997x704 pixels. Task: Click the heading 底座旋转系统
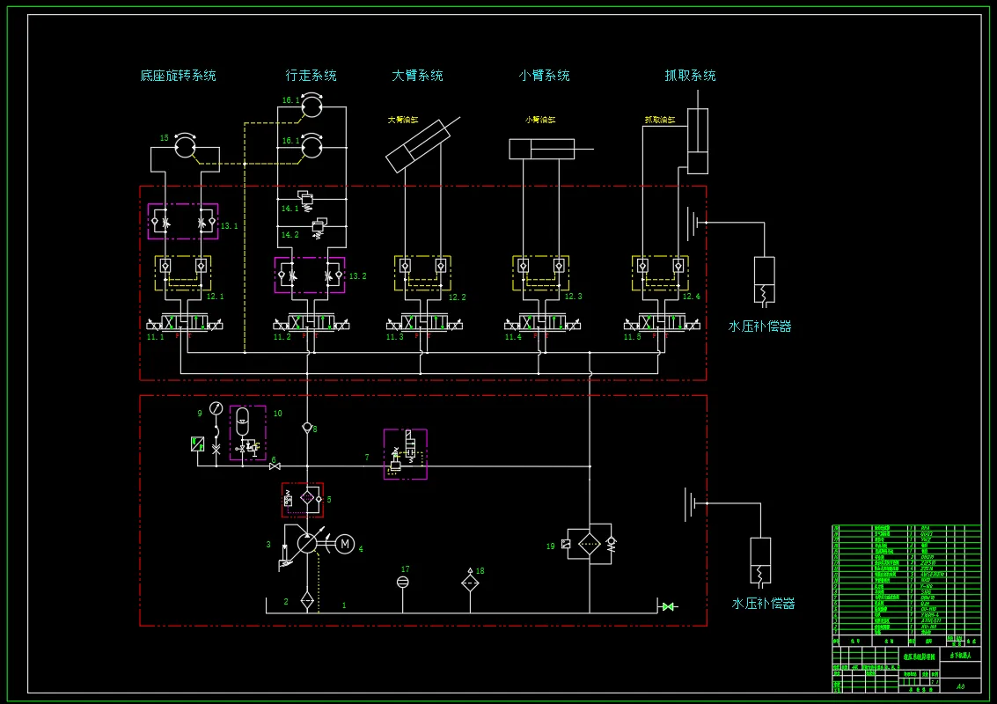coord(178,76)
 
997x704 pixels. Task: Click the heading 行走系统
coord(311,76)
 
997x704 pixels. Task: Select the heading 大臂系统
coord(417,76)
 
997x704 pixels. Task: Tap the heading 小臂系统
coord(544,76)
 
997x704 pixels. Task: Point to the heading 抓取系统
coord(690,76)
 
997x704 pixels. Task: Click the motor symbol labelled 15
coord(185,145)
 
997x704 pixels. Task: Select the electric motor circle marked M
coord(345,544)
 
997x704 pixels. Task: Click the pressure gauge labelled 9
coord(216,408)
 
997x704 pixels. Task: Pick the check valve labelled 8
coord(307,429)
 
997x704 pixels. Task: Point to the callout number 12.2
coord(457,297)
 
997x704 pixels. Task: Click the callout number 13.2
coord(357,276)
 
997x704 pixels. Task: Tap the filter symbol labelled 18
coord(470,583)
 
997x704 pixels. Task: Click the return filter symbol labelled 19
coord(589,544)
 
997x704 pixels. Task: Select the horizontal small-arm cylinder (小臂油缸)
coord(541,149)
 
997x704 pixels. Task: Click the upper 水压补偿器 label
coord(759,326)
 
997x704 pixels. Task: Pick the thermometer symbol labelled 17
coord(403,583)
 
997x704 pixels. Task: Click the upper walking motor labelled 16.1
coord(312,107)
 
